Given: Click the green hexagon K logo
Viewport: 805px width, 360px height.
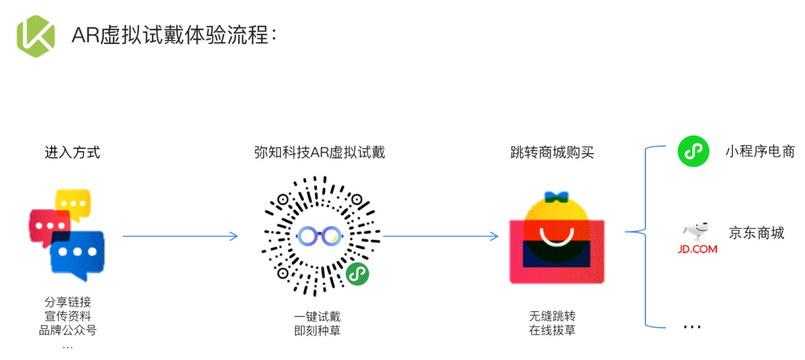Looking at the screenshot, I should coord(36,36).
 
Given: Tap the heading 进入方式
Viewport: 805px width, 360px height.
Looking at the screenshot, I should coord(72,153).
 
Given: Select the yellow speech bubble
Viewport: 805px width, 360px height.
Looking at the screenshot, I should coord(73,203).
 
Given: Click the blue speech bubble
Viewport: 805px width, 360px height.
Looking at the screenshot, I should coord(77,253).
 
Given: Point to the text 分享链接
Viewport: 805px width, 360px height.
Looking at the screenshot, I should coord(68,302).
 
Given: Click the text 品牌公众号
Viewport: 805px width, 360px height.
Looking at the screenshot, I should coord(68,330).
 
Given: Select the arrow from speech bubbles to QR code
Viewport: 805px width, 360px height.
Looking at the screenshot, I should coord(180,236).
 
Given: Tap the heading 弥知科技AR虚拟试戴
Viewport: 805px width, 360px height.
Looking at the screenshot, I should coord(319,153).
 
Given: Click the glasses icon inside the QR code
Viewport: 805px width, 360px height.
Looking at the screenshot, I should coord(319,236).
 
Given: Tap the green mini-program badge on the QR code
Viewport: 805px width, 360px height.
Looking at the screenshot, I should coord(357,274).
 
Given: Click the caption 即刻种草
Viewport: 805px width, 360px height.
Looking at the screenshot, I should coord(317,331).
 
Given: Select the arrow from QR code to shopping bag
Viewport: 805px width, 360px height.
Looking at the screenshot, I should coord(440,236).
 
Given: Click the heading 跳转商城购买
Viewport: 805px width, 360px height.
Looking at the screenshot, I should coord(552,153).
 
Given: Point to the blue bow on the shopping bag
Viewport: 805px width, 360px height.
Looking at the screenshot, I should coord(556,197).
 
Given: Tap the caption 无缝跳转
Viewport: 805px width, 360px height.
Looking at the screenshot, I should coord(552,316).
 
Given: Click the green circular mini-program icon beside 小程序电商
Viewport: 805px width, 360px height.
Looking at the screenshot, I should coord(693,151).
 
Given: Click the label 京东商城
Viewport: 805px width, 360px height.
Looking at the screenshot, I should coord(756,233).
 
